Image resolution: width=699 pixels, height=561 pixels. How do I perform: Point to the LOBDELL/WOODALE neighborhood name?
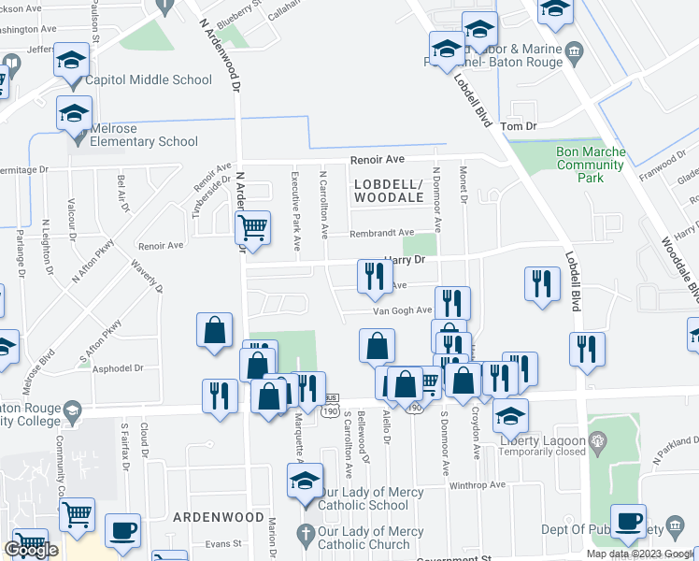click(389, 191)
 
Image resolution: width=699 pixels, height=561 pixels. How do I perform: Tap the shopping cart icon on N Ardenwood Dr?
click(252, 226)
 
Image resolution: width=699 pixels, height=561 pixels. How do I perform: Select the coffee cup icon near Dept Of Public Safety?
click(628, 520)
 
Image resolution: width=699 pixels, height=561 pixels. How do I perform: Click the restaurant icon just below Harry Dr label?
click(372, 276)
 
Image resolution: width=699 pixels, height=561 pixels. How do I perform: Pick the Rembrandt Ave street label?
click(381, 233)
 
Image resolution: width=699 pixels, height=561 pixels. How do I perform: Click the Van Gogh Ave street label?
click(402, 310)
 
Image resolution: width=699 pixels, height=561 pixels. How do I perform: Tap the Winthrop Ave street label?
click(477, 484)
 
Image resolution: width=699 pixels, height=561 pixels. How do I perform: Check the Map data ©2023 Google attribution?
click(641, 554)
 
